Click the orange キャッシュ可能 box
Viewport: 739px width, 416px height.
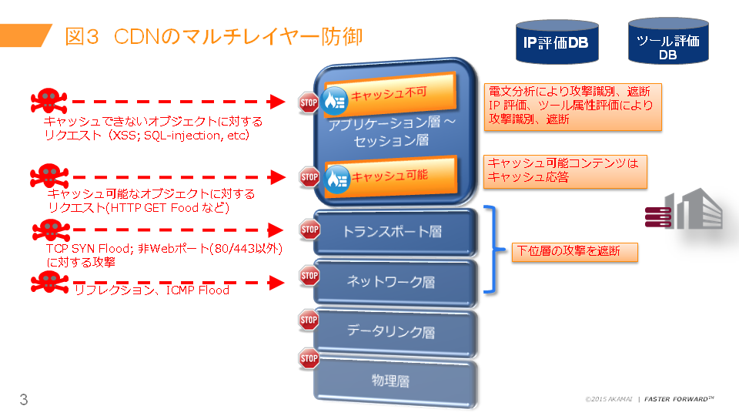click(x=390, y=176)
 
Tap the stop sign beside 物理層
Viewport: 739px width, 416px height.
click(x=309, y=358)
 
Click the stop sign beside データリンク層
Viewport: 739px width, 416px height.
click(x=309, y=319)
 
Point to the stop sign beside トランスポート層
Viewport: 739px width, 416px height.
click(x=309, y=229)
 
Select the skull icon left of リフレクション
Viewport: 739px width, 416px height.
click(x=47, y=283)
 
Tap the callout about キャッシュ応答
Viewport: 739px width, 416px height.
click(x=565, y=171)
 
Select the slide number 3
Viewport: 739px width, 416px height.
click(x=24, y=399)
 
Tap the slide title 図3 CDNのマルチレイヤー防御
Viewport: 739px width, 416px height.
click(x=213, y=36)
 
